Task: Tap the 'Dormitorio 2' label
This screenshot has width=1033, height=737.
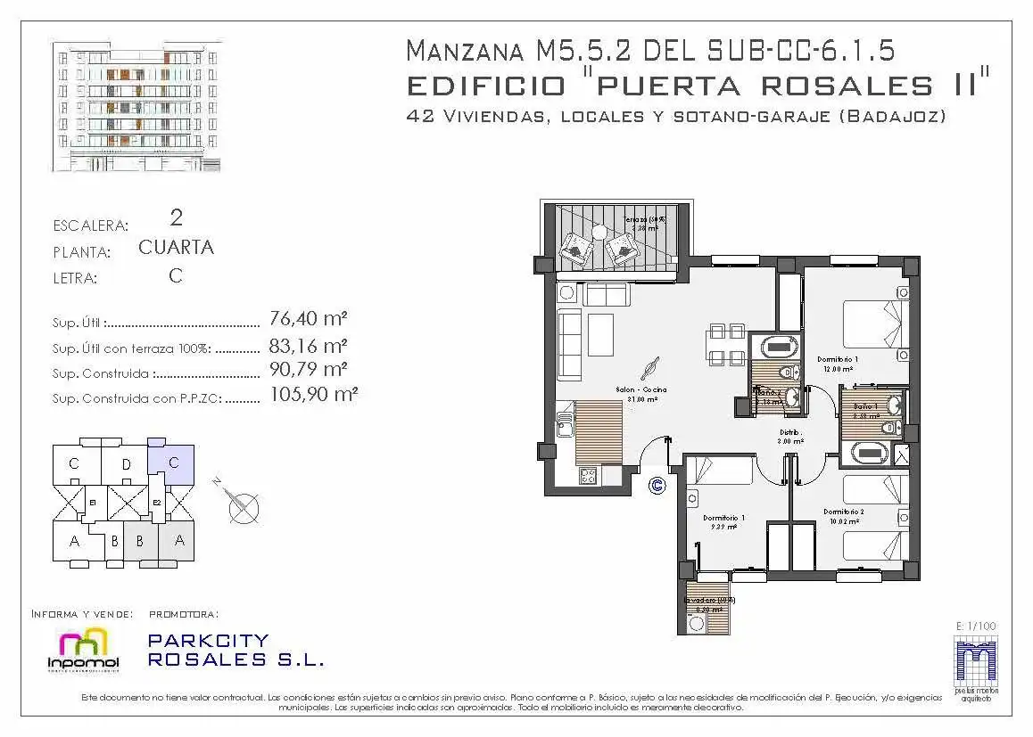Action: tap(844, 512)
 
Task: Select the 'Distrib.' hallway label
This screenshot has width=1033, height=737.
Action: tap(790, 432)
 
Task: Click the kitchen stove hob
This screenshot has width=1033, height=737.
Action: tap(588, 476)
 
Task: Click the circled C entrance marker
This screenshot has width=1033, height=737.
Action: tap(657, 486)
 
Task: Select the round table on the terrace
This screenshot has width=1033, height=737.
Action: tap(599, 233)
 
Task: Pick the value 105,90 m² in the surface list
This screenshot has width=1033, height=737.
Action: tap(313, 394)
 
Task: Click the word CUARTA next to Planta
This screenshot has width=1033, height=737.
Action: tap(176, 248)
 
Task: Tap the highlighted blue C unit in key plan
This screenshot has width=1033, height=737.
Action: tap(173, 463)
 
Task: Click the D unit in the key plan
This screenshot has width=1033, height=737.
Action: tap(126, 463)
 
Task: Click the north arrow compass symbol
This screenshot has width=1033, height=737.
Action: tap(242, 507)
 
